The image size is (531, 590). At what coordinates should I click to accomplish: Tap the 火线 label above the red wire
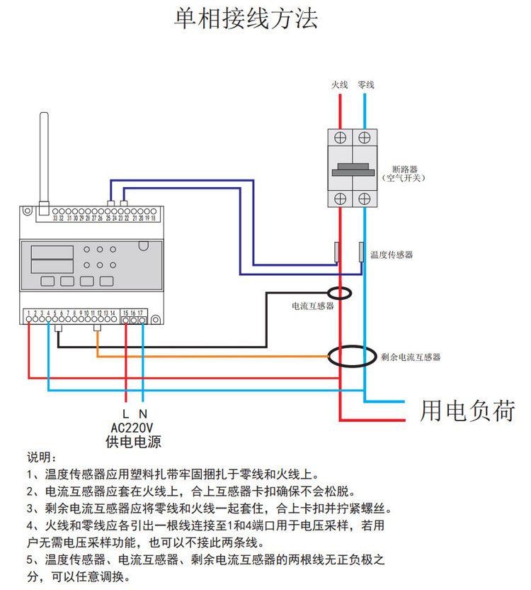340,84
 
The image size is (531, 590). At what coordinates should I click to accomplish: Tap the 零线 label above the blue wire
365,84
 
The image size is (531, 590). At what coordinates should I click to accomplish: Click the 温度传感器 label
391,254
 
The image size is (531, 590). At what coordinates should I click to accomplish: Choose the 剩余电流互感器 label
411,357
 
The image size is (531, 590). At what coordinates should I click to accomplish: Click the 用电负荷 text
467,411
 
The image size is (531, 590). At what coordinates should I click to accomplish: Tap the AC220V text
132,428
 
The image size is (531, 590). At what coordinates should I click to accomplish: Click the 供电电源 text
133,442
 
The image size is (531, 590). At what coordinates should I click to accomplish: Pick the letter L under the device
125,413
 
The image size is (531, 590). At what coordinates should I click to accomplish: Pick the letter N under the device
142,413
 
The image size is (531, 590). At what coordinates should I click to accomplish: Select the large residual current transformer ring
352,356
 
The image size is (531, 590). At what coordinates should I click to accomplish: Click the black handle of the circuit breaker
352,168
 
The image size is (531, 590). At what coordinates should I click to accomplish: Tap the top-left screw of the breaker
340,136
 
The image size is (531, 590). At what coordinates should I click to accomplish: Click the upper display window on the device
52,252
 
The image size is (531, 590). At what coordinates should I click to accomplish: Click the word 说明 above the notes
41,458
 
